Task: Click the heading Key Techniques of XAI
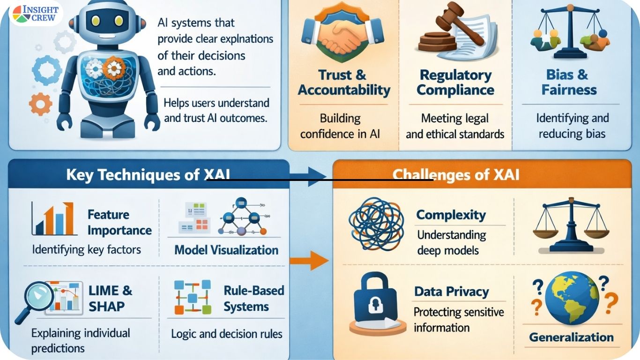(148, 175)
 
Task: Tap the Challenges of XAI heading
(455, 175)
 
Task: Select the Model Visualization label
(226, 250)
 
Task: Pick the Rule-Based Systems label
(253, 299)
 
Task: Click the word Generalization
(571, 337)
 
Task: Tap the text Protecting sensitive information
(458, 320)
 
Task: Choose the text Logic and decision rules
(226, 334)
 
